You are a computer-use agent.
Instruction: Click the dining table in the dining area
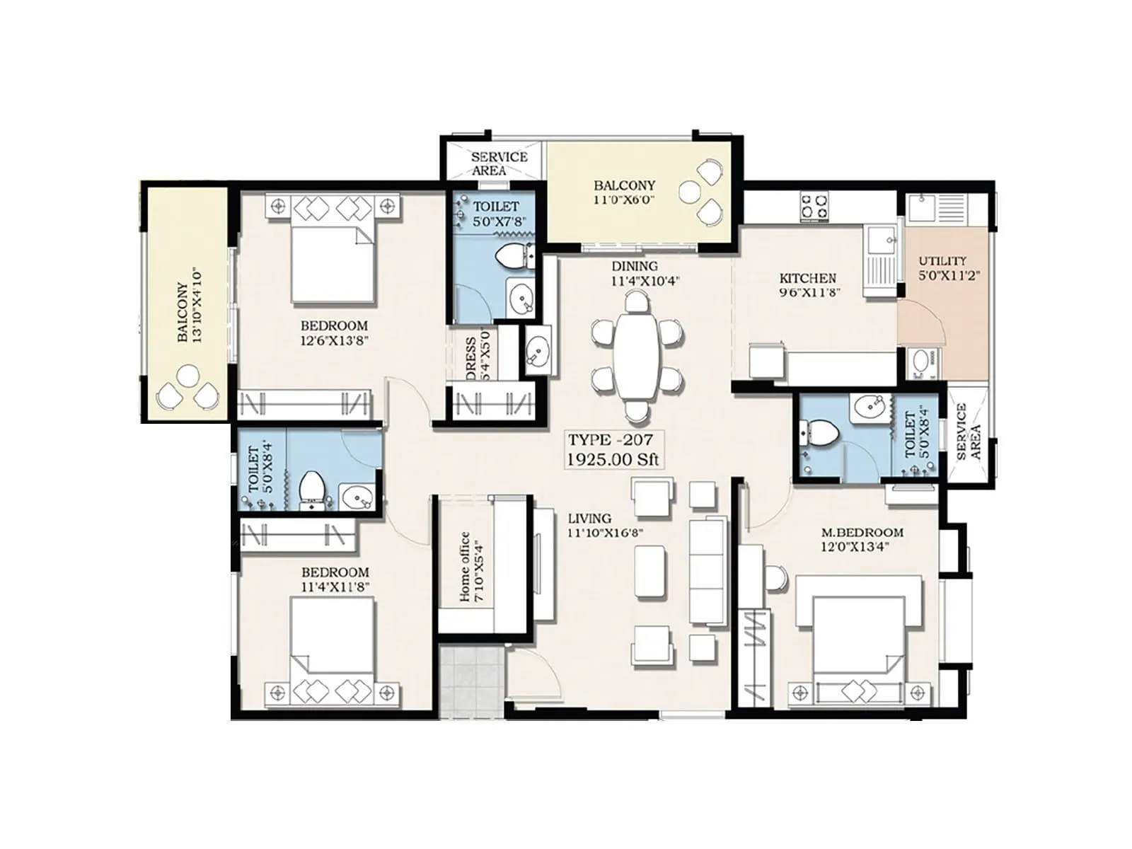coord(636,357)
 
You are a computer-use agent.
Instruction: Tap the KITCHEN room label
coord(807,278)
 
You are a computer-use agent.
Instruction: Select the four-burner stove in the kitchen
coord(814,205)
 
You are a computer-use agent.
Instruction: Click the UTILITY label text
coord(942,261)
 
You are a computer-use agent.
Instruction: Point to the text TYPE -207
coord(611,440)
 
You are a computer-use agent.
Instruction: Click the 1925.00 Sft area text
coord(613,459)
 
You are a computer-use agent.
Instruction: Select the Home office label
coord(465,567)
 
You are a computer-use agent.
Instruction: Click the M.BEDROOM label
coord(862,532)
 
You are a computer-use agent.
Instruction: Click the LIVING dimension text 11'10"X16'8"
coord(605,533)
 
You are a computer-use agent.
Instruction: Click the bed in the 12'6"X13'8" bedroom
coord(333,263)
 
